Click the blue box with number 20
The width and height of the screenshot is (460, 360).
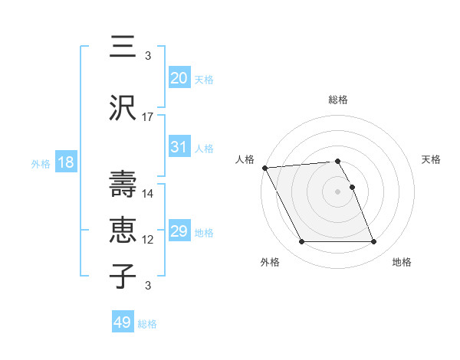[x=179, y=78]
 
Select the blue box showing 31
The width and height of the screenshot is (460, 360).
[x=179, y=147]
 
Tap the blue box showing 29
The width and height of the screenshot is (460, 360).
[x=179, y=231]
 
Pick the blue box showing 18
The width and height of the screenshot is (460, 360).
[x=65, y=162]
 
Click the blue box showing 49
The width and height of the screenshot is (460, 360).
[x=123, y=322]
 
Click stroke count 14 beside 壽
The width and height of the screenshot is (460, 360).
[x=148, y=193]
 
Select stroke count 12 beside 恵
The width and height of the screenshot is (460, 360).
[x=148, y=240]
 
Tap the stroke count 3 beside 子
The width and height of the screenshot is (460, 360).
[x=148, y=286]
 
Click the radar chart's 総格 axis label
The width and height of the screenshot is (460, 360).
[x=338, y=100]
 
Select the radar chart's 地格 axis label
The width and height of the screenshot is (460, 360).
[x=402, y=262]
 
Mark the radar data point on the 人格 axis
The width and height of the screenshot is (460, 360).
[x=264, y=168]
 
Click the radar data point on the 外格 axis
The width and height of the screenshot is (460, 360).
[x=301, y=242]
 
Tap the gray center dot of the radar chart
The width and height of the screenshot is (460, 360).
[x=338, y=191]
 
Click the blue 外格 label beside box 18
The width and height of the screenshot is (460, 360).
[x=41, y=163]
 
